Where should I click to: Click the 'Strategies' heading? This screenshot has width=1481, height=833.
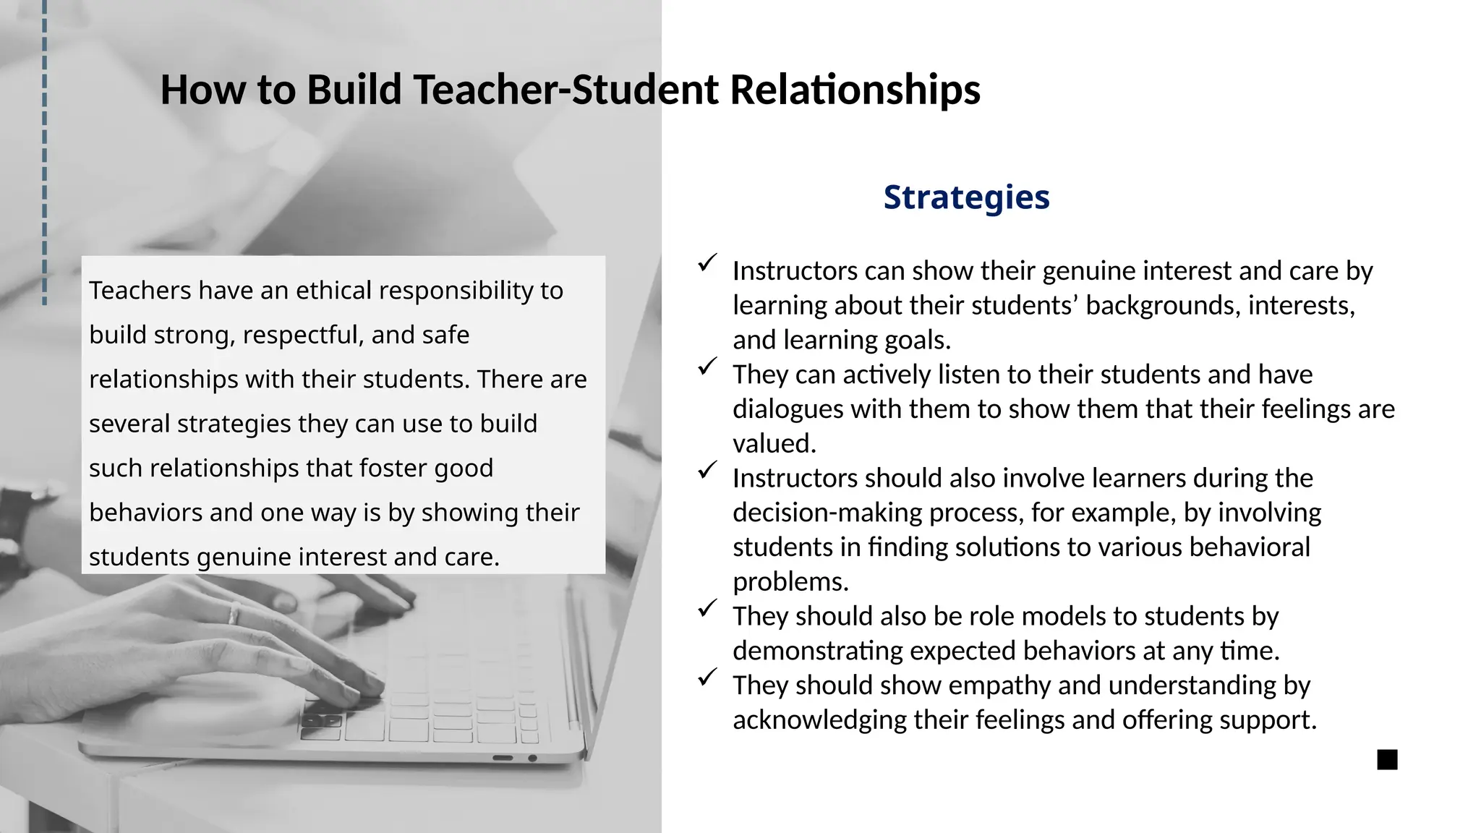(x=966, y=197)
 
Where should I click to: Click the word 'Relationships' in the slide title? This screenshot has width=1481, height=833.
(x=855, y=90)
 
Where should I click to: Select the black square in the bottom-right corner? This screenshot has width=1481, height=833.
(x=1387, y=760)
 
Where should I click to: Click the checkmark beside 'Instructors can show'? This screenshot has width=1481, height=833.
(x=707, y=262)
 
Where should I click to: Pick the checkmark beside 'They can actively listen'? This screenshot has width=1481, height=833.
(x=707, y=367)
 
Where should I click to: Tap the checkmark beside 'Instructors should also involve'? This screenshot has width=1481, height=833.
(x=707, y=470)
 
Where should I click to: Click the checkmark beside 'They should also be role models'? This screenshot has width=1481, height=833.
(x=707, y=608)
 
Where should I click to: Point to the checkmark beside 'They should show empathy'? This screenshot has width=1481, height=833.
(x=707, y=678)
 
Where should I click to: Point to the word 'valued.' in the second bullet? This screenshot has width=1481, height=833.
(x=774, y=444)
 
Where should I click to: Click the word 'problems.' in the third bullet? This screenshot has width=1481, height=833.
(x=790, y=582)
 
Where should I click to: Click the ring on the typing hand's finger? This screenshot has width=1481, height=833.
(x=234, y=614)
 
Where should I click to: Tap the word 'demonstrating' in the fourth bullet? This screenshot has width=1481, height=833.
(x=817, y=652)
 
